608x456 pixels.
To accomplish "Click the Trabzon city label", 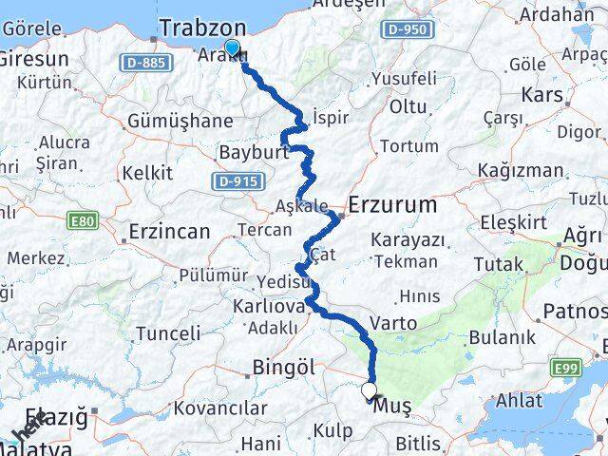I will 203,28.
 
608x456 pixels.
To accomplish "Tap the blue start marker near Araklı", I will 231,47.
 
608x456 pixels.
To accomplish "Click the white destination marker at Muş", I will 369,389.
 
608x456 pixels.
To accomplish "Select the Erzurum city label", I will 392,204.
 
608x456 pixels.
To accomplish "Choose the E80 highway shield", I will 84,220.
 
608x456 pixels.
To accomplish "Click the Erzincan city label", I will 169,231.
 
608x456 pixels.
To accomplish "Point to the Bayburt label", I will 247,152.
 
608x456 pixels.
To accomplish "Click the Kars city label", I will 541,95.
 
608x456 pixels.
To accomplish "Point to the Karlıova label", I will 271,307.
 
